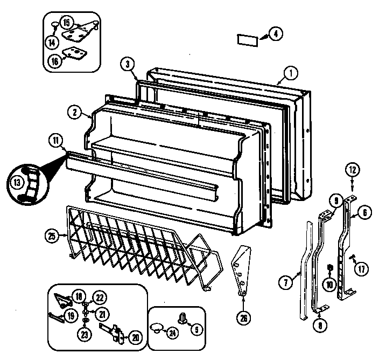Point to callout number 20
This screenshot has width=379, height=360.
135,337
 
